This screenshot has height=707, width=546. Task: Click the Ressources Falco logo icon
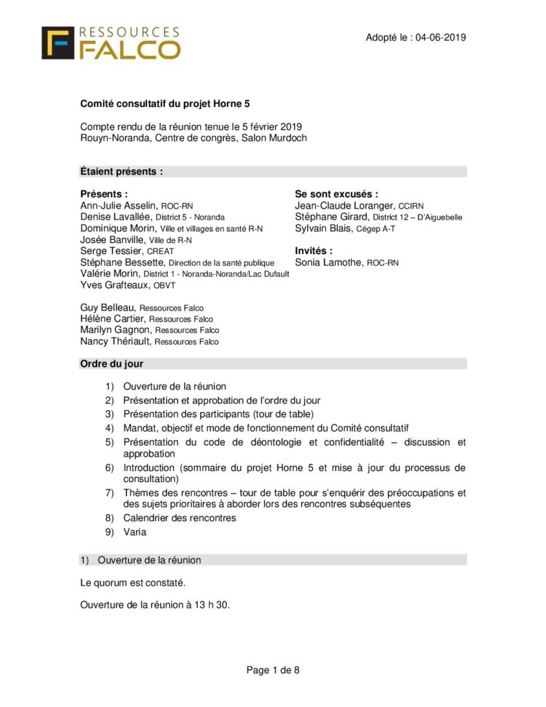(x=58, y=43)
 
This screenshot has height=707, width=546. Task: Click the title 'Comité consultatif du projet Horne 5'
(x=165, y=104)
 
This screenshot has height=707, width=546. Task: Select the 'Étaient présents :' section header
(x=121, y=171)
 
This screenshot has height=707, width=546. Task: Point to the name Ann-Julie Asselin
(x=119, y=206)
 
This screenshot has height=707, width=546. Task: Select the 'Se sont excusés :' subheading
(x=336, y=194)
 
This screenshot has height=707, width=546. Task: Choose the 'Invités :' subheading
(x=313, y=251)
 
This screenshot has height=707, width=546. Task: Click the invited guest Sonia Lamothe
(x=329, y=262)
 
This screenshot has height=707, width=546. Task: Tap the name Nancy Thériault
(x=115, y=341)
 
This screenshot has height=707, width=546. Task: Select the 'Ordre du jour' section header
(x=112, y=363)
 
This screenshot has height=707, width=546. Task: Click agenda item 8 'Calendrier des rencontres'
(x=179, y=517)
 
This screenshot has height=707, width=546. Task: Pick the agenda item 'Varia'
(x=135, y=532)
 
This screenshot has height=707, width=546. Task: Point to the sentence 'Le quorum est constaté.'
(x=133, y=583)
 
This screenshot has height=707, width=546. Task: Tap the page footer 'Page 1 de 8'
(x=273, y=669)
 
